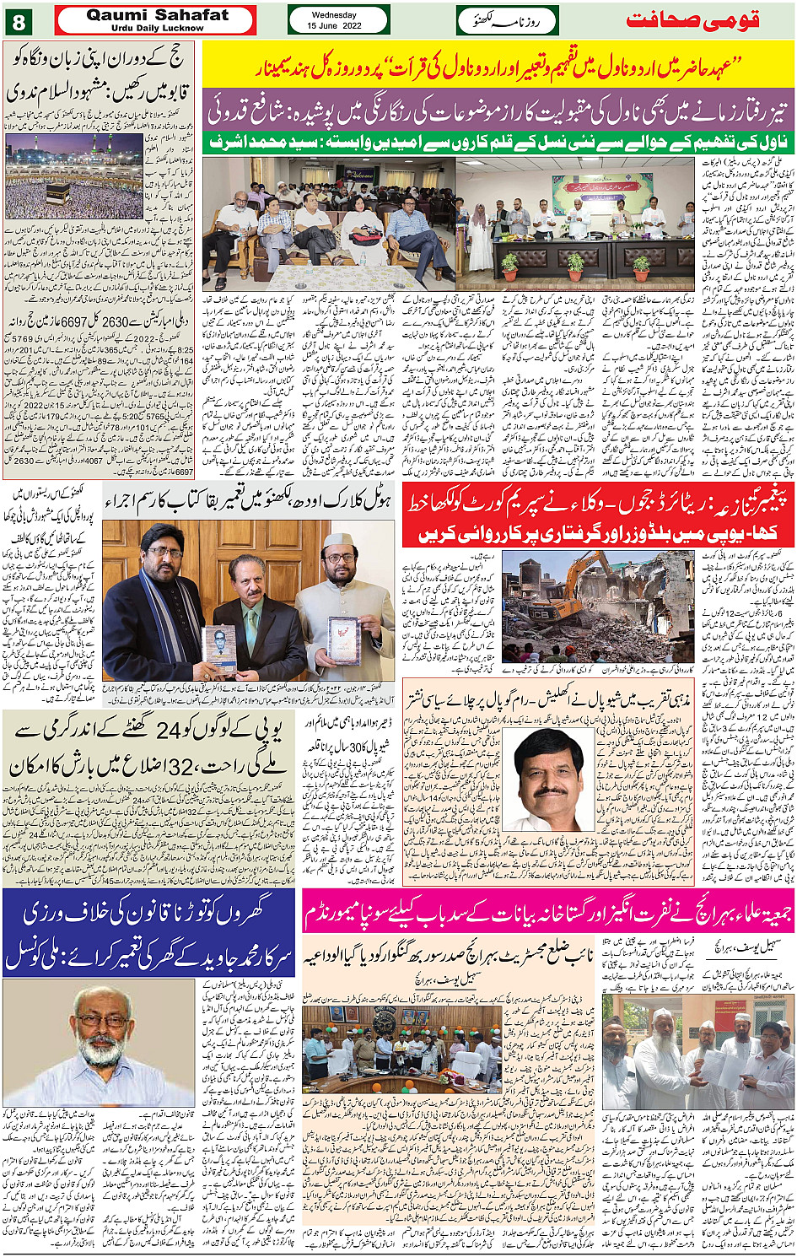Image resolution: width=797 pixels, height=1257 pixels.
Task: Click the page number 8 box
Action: click(19, 20)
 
